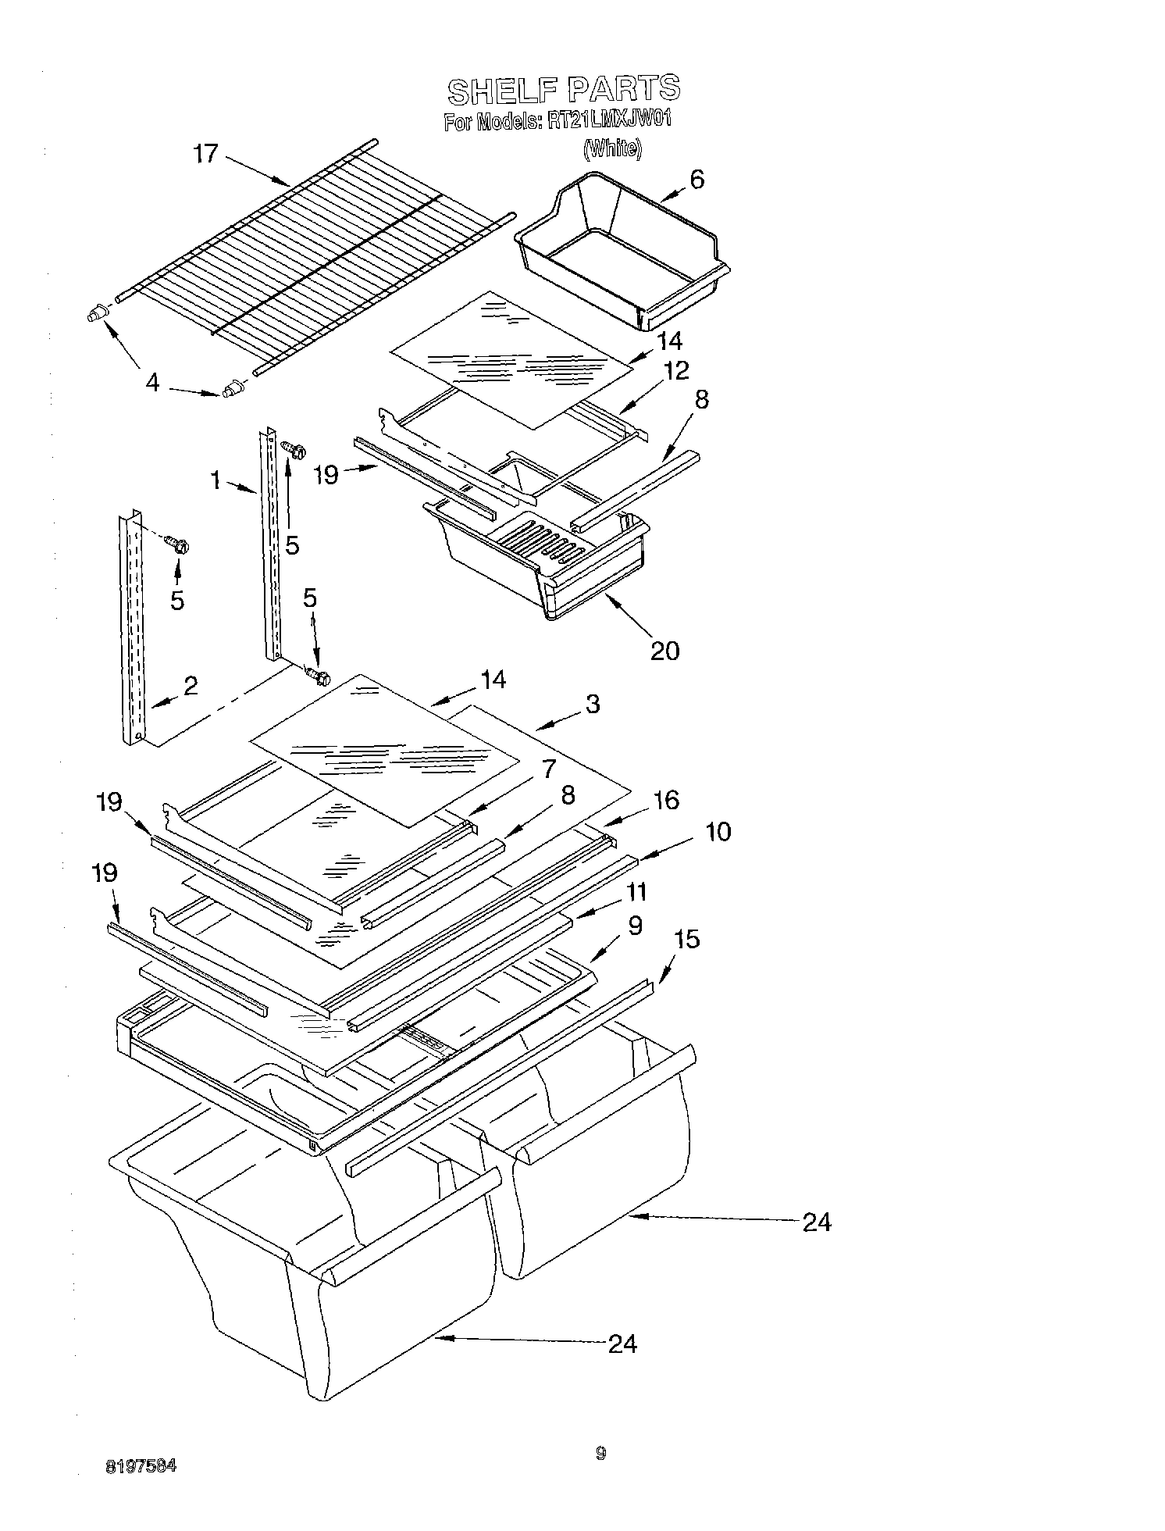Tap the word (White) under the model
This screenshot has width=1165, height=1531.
612,148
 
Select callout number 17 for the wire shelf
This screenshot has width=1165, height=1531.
206,154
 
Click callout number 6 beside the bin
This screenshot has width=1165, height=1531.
696,179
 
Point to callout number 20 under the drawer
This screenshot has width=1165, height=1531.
664,650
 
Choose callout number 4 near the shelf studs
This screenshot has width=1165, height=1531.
153,383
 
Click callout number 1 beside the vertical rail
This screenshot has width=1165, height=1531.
216,480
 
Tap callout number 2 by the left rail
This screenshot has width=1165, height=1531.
190,686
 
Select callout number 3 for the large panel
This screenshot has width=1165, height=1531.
593,704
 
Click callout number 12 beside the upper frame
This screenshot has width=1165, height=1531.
676,371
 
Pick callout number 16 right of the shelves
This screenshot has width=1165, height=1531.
665,800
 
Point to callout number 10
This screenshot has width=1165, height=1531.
717,832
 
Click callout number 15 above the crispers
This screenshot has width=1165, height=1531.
686,940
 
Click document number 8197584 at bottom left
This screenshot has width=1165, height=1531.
141,1466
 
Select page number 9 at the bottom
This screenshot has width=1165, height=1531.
600,1453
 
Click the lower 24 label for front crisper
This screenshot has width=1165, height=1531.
622,1344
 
